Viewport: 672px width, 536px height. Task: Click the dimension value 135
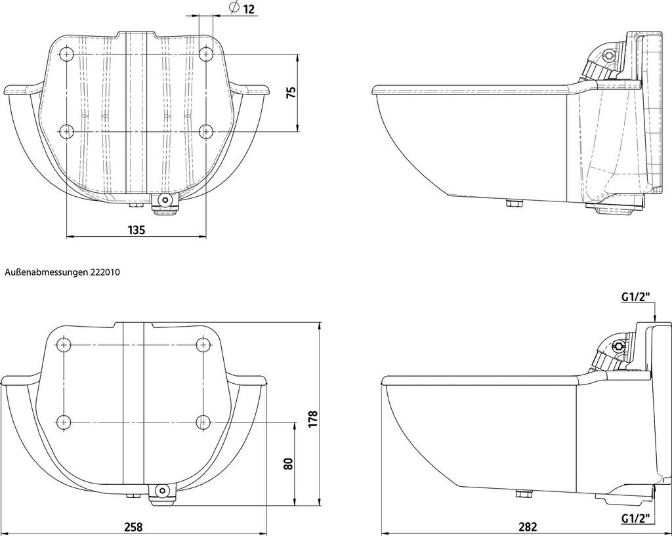[x=136, y=230]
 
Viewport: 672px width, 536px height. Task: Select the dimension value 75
[x=292, y=92]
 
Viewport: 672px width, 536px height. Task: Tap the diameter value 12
[x=249, y=9]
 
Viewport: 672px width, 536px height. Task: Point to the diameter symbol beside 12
[x=233, y=8]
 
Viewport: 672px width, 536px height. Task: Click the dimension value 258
[x=133, y=527]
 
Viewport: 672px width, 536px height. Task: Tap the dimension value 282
[x=528, y=527]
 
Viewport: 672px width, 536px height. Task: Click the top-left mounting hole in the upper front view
[x=66, y=53]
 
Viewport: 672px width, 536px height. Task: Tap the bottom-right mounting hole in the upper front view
[x=205, y=131]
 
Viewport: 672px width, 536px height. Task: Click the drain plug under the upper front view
[x=165, y=201]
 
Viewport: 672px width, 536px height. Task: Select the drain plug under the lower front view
[x=161, y=491]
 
